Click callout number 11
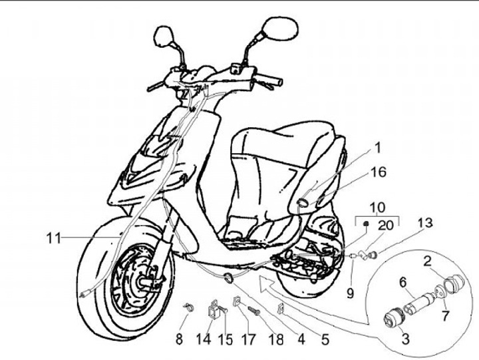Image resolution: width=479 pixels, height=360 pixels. point(54,237)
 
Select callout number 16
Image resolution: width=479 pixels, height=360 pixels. point(377,172)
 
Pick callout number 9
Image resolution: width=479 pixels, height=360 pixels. point(351,291)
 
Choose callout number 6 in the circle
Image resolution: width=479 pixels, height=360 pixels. point(403,282)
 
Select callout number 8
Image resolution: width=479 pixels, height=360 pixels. point(178,339)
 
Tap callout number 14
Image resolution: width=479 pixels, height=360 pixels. point(204,339)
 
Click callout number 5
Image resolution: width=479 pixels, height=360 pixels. point(325,339)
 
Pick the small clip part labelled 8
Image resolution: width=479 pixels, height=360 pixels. point(188,307)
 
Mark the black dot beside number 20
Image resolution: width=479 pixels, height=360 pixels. point(366,225)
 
